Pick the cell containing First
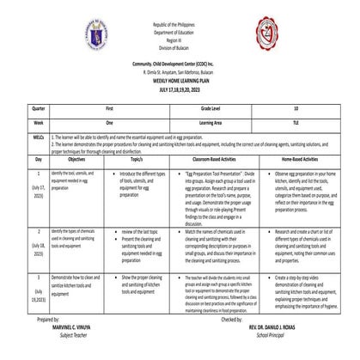[108, 108]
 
